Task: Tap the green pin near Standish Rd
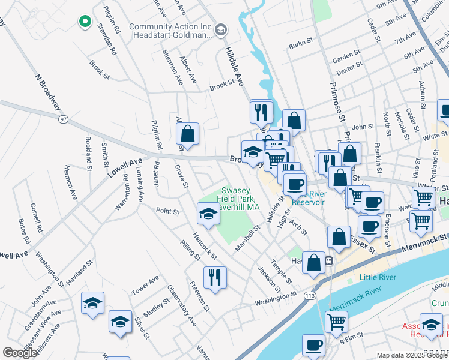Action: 85,22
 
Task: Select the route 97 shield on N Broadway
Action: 63,121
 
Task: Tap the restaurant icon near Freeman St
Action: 214,277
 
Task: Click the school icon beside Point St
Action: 208,214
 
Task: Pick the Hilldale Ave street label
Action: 234,65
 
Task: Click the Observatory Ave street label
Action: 182,305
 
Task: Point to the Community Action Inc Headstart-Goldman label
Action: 171,32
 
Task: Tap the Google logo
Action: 20,353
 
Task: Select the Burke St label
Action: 301,44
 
